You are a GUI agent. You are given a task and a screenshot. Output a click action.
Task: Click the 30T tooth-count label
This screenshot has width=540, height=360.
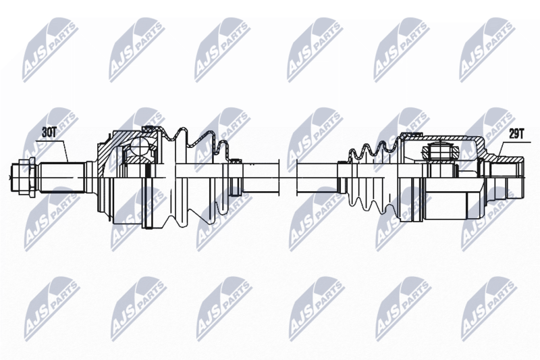[49, 132]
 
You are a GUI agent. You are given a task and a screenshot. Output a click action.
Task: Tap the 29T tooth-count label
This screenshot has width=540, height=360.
[516, 134]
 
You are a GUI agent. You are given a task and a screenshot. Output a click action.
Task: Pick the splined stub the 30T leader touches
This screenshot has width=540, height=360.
[63, 177]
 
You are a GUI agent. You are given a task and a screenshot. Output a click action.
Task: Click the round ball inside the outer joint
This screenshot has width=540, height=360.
[140, 147]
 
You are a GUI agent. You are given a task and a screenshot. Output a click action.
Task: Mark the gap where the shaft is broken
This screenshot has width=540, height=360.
[288, 177]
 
